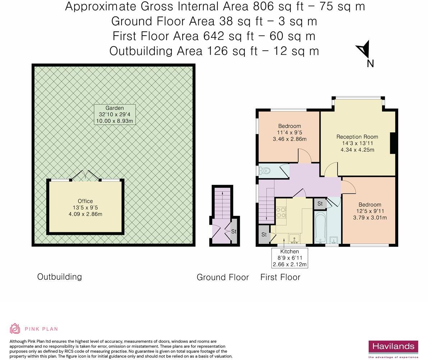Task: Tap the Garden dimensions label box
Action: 115,114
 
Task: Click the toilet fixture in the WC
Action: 264,171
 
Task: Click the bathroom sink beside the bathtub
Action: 334,240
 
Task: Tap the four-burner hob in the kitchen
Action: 281,213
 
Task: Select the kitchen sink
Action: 294,238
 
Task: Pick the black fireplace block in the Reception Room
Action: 393,143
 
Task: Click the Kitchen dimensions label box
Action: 290,258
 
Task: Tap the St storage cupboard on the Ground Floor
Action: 234,231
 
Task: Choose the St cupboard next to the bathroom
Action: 320,204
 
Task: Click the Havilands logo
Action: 394,349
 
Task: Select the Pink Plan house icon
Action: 15,329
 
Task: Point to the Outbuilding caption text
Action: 60,277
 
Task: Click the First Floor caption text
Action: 280,277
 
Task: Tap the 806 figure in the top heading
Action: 263,6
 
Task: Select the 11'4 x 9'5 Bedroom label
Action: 290,132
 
